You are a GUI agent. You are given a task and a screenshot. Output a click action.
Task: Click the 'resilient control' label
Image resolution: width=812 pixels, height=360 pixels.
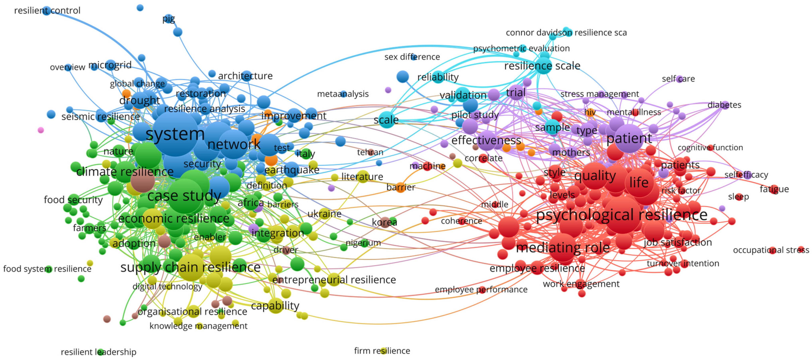pos(47,10)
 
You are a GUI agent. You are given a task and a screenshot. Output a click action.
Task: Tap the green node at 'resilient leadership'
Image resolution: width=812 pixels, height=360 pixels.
pos(100,352)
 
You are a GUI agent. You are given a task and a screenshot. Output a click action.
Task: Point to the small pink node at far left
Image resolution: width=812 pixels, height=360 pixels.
pos(41,130)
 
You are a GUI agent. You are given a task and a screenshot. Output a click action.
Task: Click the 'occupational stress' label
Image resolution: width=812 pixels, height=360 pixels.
pos(771,250)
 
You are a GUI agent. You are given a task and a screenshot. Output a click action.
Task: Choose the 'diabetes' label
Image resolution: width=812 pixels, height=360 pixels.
pos(724,105)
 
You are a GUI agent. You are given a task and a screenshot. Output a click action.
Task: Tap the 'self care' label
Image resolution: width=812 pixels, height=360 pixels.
pos(678,79)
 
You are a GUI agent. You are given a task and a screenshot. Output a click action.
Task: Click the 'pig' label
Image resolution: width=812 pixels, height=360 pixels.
pos(169,19)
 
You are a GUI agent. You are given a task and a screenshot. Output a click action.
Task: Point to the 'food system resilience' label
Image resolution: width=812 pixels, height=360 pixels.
pos(47,269)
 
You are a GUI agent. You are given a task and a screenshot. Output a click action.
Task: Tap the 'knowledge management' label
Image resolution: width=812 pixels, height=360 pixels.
pos(198,326)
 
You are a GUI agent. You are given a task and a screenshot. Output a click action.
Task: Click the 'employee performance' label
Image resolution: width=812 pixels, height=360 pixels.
pos(481,289)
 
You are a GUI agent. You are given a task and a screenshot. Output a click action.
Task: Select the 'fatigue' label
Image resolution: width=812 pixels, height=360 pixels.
pos(774,189)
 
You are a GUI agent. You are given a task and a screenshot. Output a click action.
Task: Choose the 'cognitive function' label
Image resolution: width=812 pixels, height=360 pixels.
pos(710,148)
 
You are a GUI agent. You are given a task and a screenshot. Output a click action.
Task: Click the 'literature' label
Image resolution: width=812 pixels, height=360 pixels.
pos(362,177)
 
